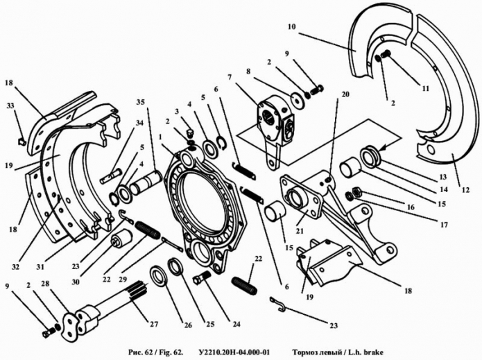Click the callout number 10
coord(292,27)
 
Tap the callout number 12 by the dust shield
coord(465,190)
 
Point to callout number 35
coord(141,102)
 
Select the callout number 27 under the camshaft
coord(154,324)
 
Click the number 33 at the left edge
coord(10,105)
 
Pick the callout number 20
coord(345,94)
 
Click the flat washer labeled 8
coord(298,100)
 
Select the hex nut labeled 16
coord(357,192)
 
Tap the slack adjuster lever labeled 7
coord(274,129)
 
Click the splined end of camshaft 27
coord(138,289)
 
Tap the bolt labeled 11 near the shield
coord(386,54)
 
